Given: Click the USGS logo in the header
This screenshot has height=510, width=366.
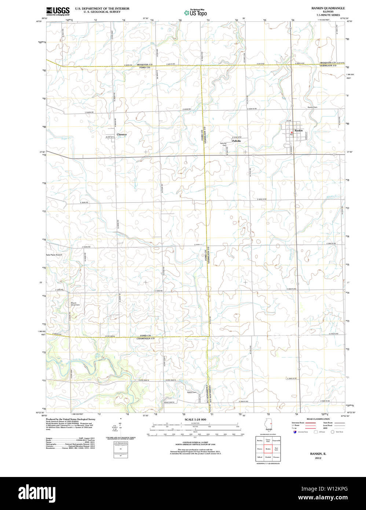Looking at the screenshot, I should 58,11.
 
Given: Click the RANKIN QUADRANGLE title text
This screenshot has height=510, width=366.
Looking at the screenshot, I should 328,8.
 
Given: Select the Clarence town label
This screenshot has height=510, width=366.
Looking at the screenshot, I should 121,135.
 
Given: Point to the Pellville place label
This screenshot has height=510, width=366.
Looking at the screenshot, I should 237,141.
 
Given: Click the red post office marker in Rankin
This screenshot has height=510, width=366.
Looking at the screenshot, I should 292,132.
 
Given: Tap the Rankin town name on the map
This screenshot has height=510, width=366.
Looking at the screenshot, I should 299,131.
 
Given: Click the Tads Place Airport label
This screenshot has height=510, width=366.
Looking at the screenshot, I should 54,255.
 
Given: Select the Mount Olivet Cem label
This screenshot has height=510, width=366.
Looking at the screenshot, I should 75,304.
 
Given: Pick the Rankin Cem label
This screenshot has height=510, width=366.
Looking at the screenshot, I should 312,107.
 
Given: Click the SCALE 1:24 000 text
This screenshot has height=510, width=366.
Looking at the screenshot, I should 195,419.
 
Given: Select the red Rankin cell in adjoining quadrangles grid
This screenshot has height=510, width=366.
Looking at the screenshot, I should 268,449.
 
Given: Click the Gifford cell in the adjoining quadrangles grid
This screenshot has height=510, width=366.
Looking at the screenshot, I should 260,457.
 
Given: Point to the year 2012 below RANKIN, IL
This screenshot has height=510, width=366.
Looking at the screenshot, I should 318,458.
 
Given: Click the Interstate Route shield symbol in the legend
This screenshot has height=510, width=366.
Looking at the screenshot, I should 294,432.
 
